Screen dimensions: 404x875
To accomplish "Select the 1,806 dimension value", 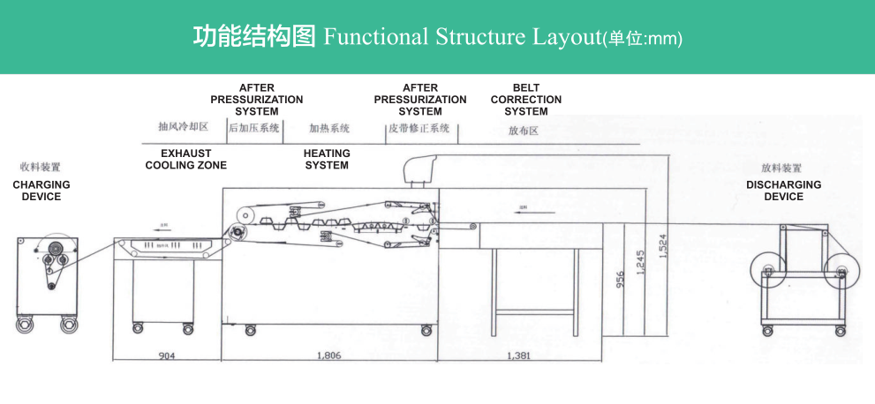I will [328, 355].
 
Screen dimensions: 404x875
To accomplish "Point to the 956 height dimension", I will [619, 280].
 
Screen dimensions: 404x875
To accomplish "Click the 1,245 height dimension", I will [640, 262].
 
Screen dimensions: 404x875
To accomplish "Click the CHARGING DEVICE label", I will [41, 191].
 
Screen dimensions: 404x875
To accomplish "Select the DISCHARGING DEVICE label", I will [783, 191].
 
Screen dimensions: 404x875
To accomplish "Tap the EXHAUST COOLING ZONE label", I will [185, 159].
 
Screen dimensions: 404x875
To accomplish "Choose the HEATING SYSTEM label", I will [327, 159].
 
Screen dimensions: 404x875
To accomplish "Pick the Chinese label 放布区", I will [524, 131].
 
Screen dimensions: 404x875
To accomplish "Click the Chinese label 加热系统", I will [328, 128].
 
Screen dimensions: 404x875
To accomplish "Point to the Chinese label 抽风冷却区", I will [183, 127].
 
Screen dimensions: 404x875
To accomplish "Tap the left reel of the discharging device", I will [766, 271].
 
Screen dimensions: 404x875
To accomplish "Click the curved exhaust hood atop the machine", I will [425, 167].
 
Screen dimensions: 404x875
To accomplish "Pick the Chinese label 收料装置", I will [41, 167].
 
